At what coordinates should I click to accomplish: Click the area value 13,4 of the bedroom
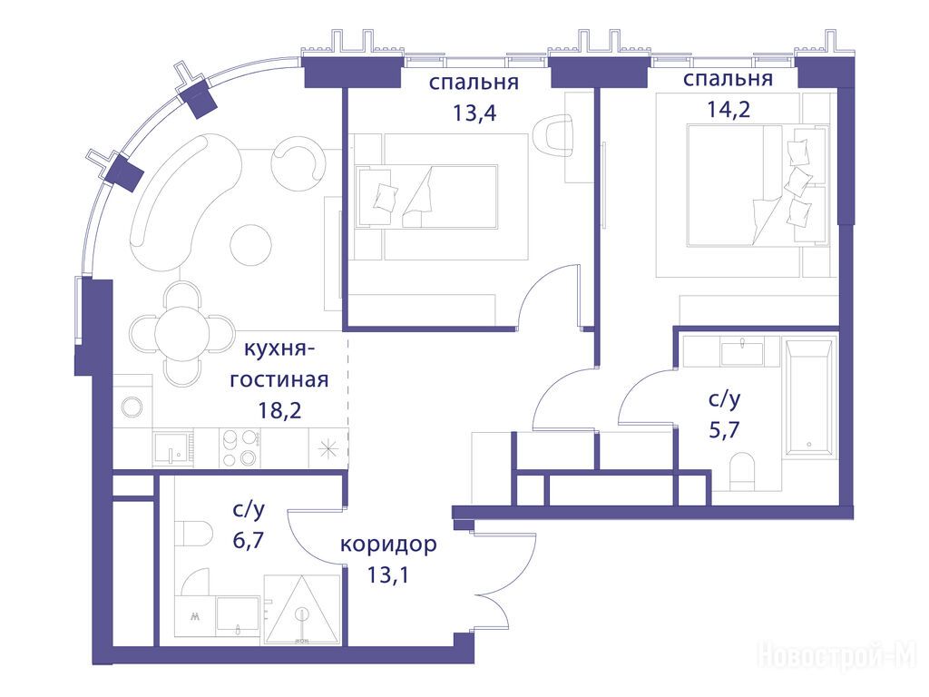tap(474, 113)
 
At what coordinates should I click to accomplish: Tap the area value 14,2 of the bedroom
tap(729, 110)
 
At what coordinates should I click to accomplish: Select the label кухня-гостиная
tap(279, 364)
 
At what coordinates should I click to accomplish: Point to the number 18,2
tap(279, 409)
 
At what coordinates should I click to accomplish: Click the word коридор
tap(388, 545)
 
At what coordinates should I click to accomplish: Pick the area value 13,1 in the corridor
tap(388, 574)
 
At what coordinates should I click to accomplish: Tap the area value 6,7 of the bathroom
tap(249, 540)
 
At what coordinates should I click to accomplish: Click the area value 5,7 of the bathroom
tap(724, 429)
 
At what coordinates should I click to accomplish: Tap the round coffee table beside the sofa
tap(251, 244)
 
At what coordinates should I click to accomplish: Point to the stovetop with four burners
tap(240, 448)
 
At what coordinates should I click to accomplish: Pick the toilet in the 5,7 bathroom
tap(742, 472)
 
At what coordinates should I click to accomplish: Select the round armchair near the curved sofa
tap(298, 158)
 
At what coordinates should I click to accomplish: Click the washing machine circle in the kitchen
tap(132, 407)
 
